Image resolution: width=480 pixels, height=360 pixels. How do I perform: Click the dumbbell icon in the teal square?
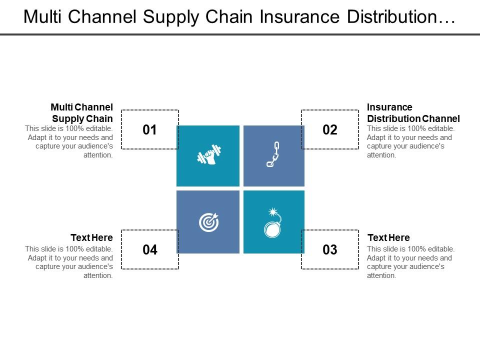tap(208, 155)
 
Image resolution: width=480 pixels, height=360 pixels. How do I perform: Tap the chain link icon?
tap(273, 154)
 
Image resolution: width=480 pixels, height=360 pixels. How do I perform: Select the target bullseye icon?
tap(208, 222)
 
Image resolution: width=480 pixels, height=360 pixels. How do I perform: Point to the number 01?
tap(150, 130)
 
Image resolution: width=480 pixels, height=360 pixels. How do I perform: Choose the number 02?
tap(330, 130)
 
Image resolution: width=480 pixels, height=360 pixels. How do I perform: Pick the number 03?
tap(330, 249)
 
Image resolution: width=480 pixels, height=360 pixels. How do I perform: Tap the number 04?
tap(150, 249)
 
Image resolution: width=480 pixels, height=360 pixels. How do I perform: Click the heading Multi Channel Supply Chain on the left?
tap(82, 113)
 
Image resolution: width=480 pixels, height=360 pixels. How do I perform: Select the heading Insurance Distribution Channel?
tap(413, 113)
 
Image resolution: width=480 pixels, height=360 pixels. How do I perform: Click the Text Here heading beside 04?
tap(91, 237)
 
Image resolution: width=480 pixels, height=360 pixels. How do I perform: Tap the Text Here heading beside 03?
tap(388, 237)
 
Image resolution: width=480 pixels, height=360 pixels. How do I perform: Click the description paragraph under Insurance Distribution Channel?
tap(410, 141)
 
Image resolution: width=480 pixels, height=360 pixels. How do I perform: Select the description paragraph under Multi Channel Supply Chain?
tap(69, 141)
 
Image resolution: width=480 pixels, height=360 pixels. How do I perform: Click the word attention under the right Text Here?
tap(381, 275)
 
